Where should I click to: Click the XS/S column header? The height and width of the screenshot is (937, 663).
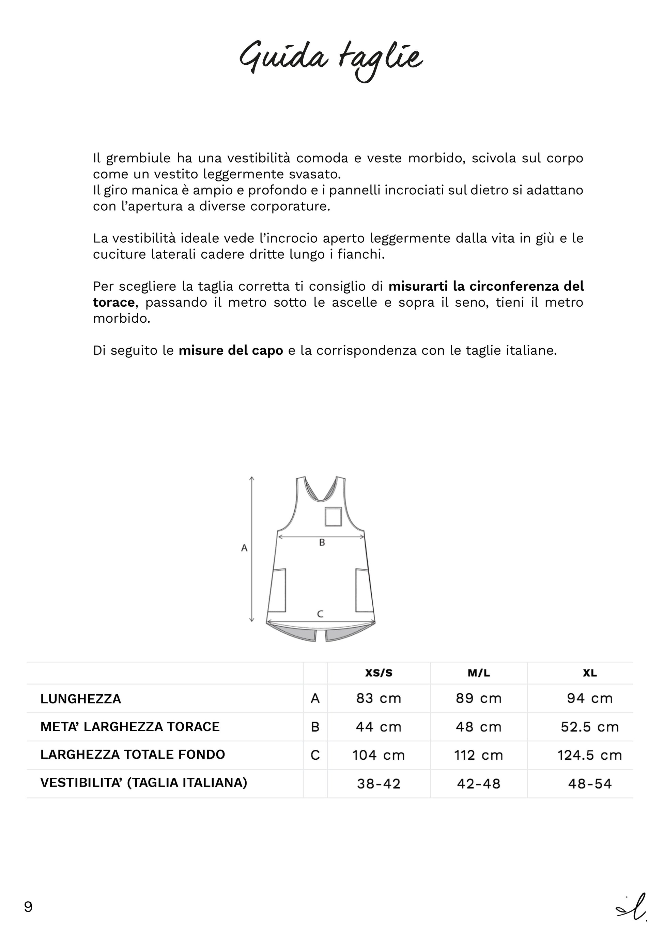[379, 673]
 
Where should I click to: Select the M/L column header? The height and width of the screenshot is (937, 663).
[479, 673]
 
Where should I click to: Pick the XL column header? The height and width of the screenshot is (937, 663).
[589, 673]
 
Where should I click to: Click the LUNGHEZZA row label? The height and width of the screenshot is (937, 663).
[81, 699]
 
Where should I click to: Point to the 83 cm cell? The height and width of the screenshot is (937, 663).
[379, 699]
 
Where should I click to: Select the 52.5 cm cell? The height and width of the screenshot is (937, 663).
[589, 727]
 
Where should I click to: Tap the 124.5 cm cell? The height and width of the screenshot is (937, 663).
[589, 755]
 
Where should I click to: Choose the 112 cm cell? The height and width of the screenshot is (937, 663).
[479, 755]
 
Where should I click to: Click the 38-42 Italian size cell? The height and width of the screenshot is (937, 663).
[379, 784]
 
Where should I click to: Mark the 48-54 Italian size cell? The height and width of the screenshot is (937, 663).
[589, 784]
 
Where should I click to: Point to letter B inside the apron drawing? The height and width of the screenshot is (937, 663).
[322, 543]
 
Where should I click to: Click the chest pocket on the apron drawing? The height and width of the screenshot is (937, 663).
[333, 517]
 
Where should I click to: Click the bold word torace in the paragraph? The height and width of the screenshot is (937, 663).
[113, 302]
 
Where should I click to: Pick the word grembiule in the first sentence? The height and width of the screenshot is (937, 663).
[138, 158]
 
